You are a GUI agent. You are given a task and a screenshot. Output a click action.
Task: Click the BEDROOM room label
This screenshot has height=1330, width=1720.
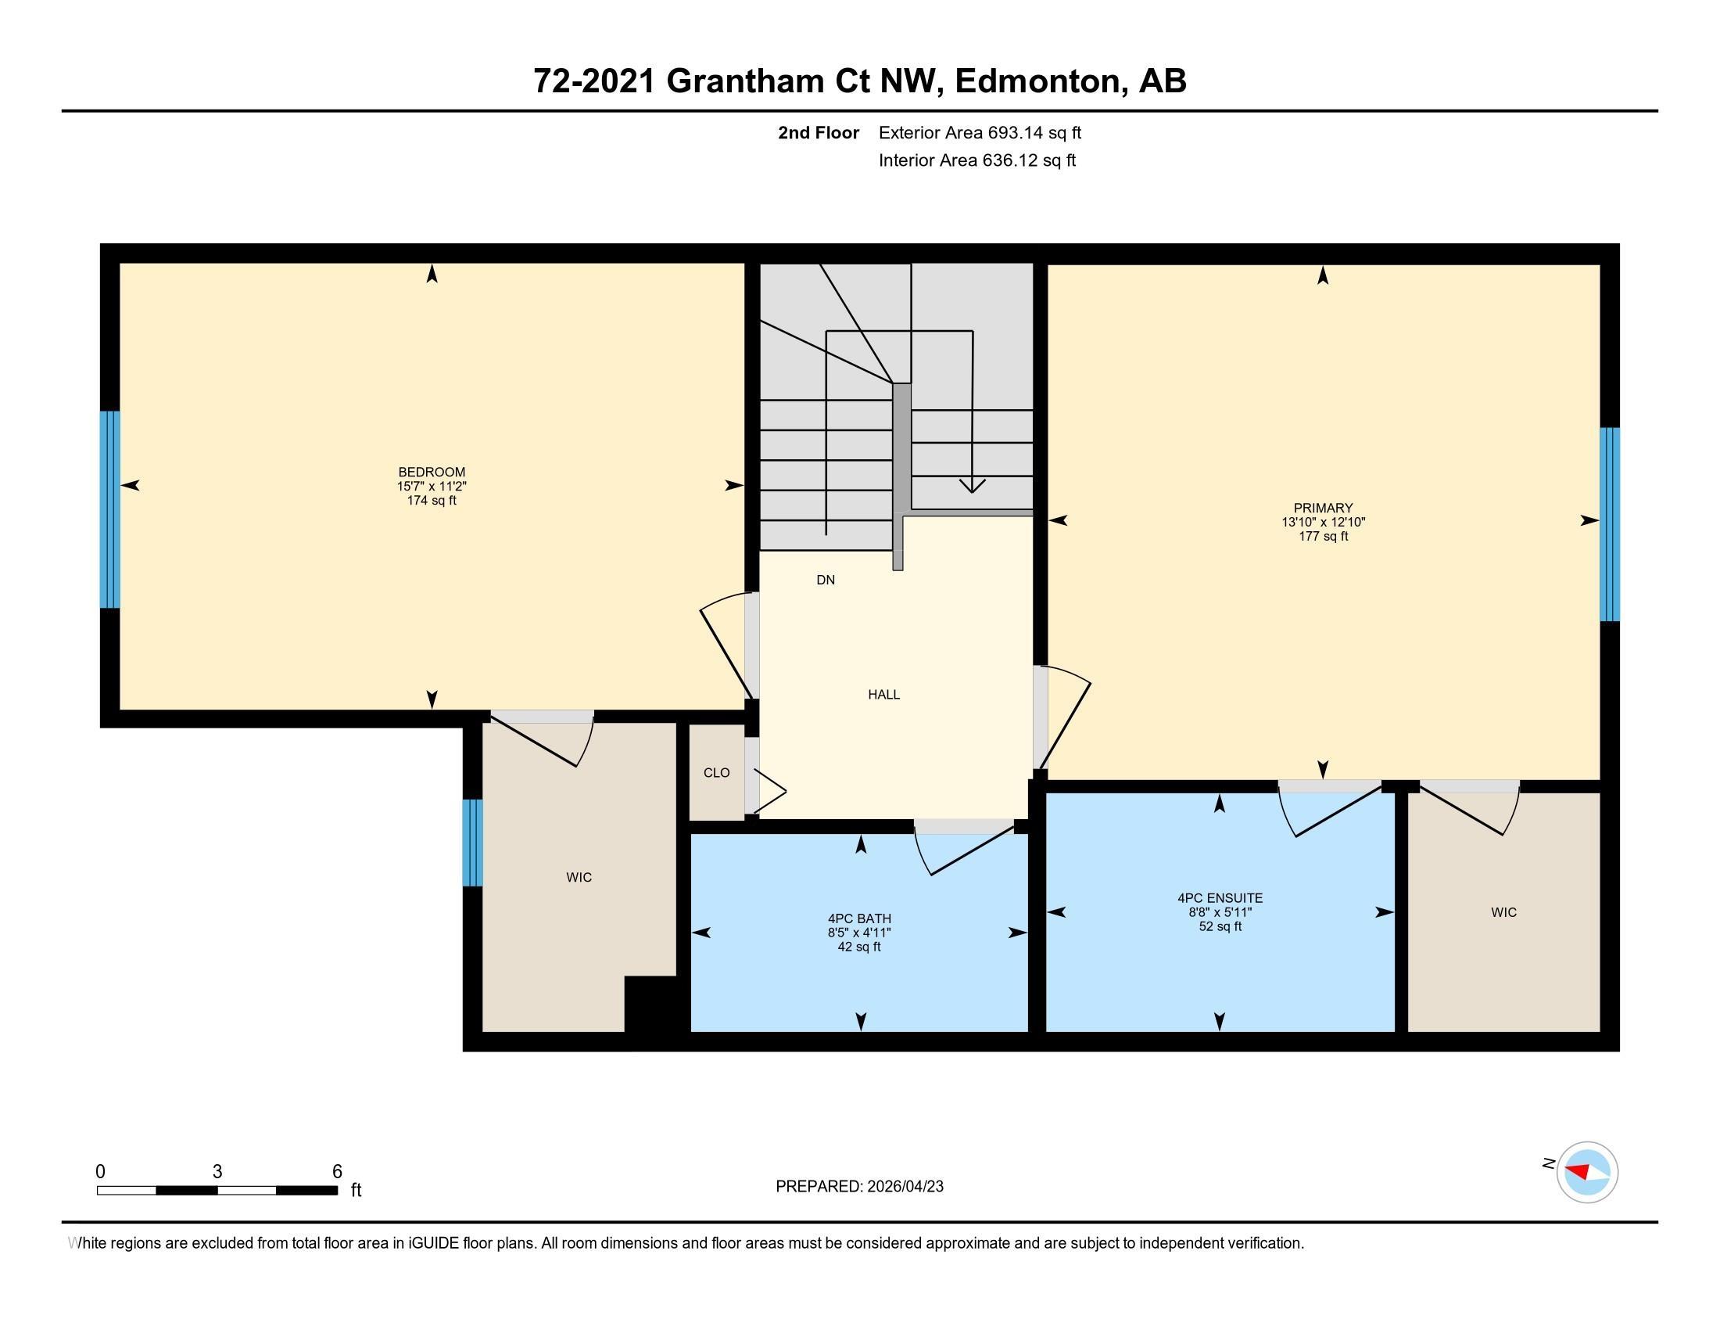point(432,472)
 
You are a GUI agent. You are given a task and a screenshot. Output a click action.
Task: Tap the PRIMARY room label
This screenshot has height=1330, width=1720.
point(1322,509)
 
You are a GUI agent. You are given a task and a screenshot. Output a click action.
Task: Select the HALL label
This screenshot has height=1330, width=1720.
point(883,694)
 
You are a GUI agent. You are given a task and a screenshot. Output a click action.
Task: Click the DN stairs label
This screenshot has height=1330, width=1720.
point(826,580)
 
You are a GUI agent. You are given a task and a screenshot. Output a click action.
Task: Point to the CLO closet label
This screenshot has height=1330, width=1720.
point(716,773)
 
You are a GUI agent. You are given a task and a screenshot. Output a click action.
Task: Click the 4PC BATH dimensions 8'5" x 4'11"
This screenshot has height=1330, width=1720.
point(858,933)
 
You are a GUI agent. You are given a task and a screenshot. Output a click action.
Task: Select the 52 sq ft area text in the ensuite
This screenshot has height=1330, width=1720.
point(1219,926)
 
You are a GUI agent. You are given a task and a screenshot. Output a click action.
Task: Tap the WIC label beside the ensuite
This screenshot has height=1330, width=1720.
point(1503,912)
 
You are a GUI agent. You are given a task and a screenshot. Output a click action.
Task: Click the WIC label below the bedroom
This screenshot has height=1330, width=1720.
point(579,877)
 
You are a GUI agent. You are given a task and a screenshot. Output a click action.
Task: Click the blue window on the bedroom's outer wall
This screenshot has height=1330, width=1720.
point(109,509)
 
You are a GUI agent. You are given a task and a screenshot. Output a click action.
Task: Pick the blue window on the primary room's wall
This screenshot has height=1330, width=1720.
point(1610,524)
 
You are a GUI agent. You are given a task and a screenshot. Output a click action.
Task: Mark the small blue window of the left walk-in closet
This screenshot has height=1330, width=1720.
point(471,843)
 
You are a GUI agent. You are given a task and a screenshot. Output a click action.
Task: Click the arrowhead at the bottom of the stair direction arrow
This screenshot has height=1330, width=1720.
point(973,486)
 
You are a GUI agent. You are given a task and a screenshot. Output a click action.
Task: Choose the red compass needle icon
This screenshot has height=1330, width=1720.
point(1582,1173)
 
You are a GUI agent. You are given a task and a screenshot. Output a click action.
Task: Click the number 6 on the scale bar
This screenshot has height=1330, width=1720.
point(337,1172)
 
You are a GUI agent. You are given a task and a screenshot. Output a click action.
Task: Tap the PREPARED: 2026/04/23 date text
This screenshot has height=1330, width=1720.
point(859,1187)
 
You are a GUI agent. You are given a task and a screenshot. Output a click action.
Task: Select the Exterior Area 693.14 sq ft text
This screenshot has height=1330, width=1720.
point(980,132)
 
